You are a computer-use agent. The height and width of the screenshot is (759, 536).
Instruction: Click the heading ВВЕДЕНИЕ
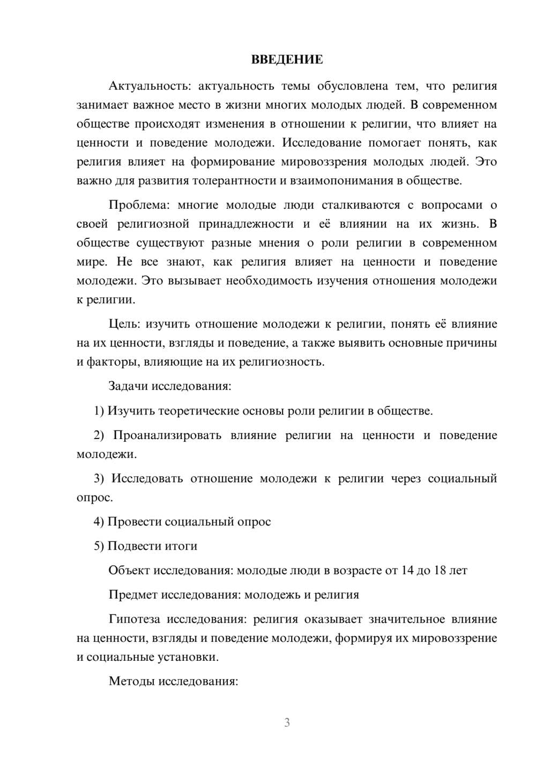287,60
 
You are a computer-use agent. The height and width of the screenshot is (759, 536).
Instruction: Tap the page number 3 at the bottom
287,722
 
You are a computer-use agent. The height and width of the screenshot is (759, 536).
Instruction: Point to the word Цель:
124,324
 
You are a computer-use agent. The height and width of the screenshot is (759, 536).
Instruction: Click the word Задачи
128,386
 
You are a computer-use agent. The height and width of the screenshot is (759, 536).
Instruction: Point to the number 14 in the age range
407,570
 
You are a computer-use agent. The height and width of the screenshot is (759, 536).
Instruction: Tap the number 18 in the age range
440,570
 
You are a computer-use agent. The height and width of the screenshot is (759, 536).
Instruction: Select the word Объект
129,570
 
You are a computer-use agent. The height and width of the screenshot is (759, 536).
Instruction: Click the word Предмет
133,595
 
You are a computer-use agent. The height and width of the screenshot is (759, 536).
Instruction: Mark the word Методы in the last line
129,682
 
